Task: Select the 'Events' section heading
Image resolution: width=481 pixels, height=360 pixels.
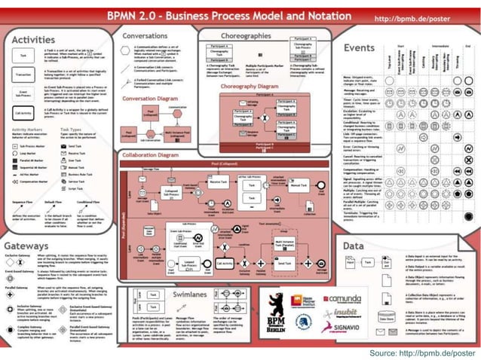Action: tap(360, 47)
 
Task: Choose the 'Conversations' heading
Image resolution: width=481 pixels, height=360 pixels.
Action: tap(145, 35)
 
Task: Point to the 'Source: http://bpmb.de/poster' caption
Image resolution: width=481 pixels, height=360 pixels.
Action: tap(422, 351)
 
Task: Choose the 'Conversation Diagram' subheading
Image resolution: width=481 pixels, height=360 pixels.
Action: tap(151, 98)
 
